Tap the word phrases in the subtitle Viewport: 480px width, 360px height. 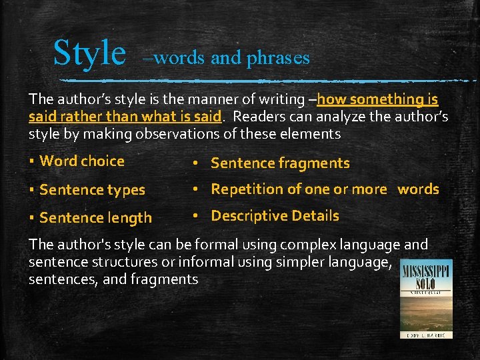tap(278, 59)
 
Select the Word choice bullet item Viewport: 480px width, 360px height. tap(82, 161)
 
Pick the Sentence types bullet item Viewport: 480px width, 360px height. tap(92, 190)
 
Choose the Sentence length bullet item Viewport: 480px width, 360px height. tap(95, 217)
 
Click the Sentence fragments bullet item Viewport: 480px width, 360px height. tap(280, 163)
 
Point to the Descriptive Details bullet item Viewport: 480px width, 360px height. tap(275, 216)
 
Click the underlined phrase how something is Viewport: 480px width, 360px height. tap(377, 99)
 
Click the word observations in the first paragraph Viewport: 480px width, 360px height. tap(172, 134)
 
